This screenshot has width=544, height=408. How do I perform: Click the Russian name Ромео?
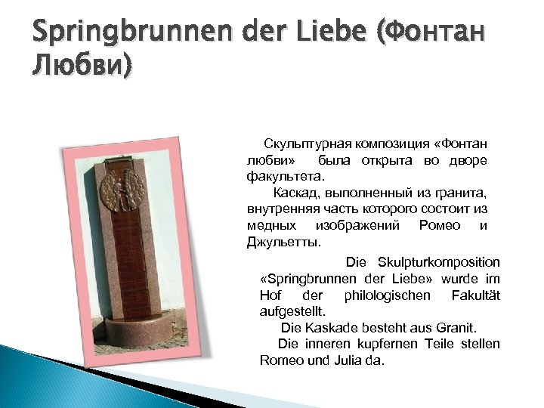point(436,227)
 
